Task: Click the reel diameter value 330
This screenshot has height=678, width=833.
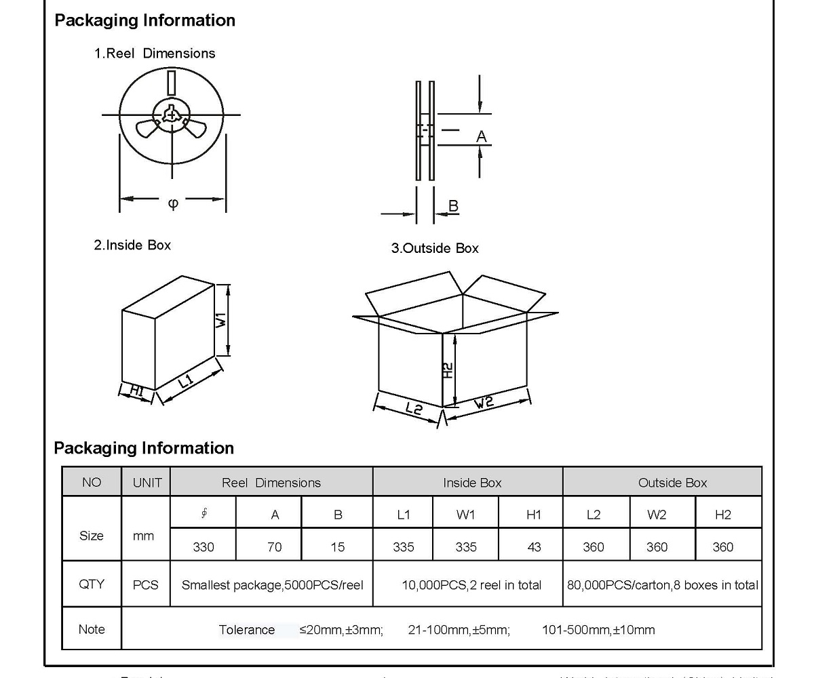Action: tap(204, 546)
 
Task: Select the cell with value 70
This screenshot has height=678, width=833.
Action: tap(275, 546)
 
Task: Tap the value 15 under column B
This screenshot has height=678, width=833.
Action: tap(338, 546)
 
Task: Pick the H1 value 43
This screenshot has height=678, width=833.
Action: tap(535, 546)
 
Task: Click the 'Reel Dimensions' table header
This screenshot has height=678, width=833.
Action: tap(271, 483)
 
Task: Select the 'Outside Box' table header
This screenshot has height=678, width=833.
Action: tap(672, 483)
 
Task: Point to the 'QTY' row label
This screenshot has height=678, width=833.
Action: tap(92, 584)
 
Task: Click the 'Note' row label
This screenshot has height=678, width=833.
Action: tap(92, 629)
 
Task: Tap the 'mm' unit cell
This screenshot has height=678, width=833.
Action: tap(143, 536)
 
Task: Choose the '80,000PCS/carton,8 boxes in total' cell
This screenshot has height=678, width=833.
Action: tap(663, 584)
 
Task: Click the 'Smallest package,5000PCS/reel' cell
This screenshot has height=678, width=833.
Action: tap(273, 584)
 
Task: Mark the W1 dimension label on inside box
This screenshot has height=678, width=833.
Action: tap(222, 319)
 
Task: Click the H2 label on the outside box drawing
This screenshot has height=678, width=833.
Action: tap(448, 370)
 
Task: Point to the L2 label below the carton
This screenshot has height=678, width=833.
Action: tap(414, 408)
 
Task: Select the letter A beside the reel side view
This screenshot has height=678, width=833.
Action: tap(482, 137)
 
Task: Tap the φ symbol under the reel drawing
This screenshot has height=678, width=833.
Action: tap(173, 203)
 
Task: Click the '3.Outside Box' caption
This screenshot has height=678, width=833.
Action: tap(435, 248)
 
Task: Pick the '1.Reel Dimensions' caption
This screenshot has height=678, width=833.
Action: tap(155, 54)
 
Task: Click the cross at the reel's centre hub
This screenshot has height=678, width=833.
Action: tap(172, 116)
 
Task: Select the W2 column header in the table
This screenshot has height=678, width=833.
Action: tap(657, 515)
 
